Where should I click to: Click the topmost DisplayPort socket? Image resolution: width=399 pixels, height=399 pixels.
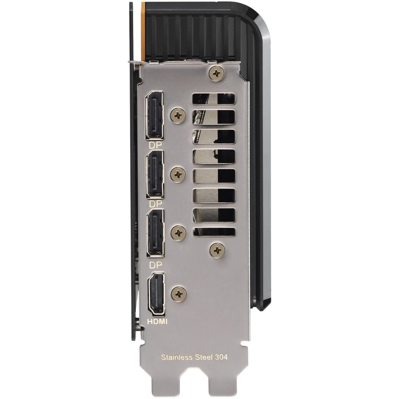click(x=155, y=115)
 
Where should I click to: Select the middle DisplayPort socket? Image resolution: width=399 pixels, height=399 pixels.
click(x=155, y=174)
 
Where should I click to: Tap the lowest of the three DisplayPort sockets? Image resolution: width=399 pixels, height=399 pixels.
click(x=156, y=233)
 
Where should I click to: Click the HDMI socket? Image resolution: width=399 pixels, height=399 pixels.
click(x=156, y=294)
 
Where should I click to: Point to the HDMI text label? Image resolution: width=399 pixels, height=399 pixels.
click(x=158, y=322)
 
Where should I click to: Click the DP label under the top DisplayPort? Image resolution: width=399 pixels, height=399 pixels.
click(x=155, y=145)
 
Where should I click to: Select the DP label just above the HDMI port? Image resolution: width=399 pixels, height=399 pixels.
click(x=156, y=265)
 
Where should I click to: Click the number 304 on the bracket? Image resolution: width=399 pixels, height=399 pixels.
click(x=221, y=357)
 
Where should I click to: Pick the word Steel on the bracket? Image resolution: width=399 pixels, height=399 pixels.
click(x=203, y=357)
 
